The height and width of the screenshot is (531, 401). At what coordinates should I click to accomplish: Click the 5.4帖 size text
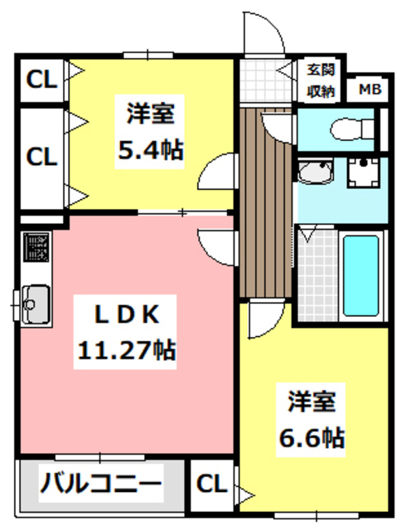pos(149,150)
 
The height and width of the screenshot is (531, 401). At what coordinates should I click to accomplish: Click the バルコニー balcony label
pos(100,482)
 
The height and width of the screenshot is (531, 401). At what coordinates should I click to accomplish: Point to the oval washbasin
pos(315,173)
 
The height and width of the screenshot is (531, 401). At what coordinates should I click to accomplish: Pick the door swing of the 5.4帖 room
pos(217,173)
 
